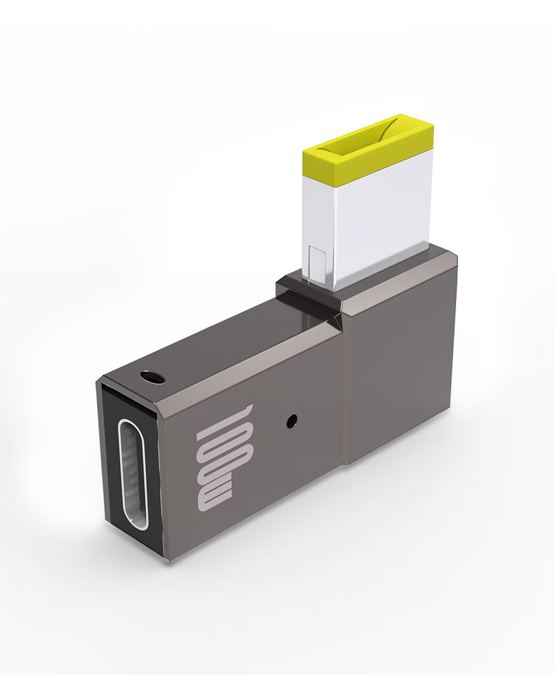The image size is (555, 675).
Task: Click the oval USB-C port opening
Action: click(133, 474)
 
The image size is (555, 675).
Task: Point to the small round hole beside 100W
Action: click(293, 421)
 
